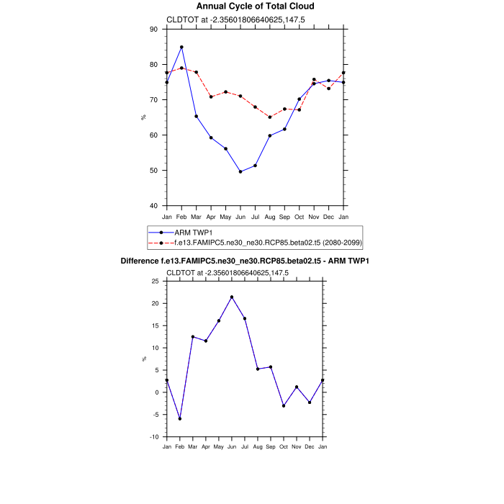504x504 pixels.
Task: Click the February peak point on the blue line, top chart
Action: [x=181, y=47]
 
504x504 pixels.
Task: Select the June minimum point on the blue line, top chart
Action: [x=240, y=171]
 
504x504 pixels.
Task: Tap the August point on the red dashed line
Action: [x=270, y=117]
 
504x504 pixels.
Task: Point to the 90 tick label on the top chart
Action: [x=153, y=30]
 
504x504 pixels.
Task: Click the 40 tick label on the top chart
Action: [x=153, y=206]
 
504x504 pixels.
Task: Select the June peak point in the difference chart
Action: [x=232, y=297]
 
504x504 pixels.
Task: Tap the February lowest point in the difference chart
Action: [x=180, y=418]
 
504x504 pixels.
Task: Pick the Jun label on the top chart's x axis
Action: [x=240, y=216]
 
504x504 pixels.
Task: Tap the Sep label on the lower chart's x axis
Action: [x=271, y=446]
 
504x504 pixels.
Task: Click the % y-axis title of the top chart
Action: [x=143, y=117]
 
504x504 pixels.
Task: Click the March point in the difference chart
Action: [x=193, y=336]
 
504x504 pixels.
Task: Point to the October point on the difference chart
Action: [x=284, y=405]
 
